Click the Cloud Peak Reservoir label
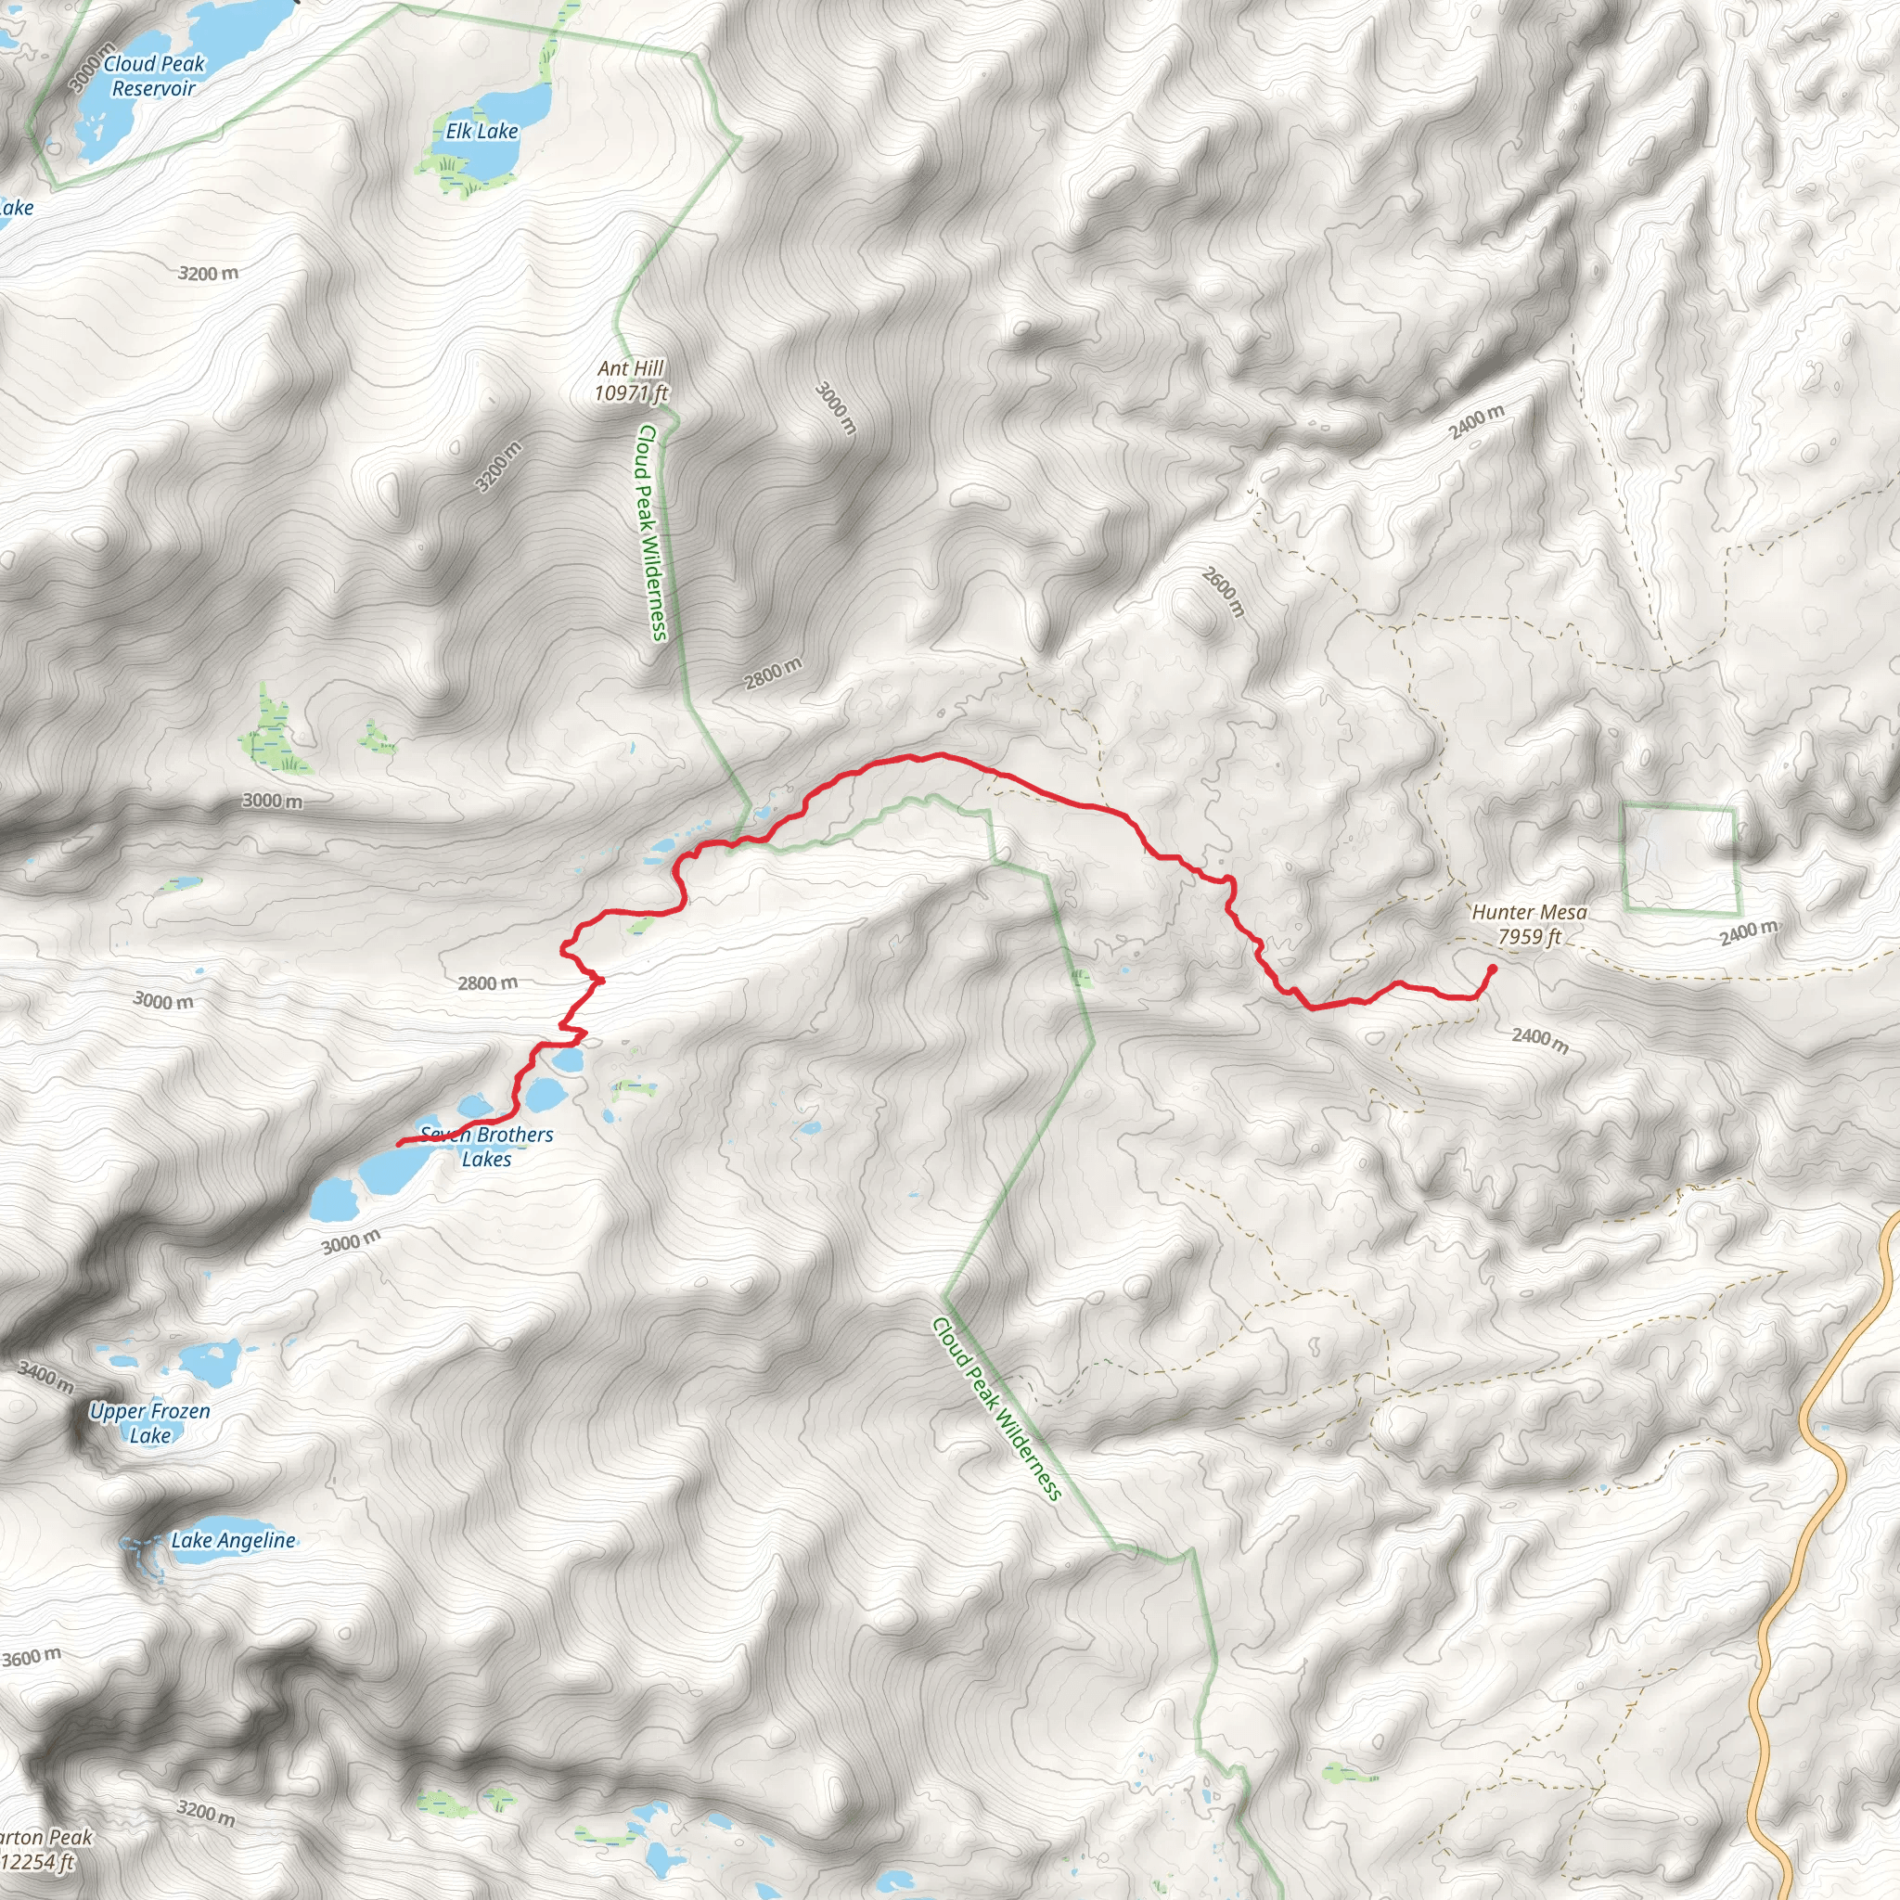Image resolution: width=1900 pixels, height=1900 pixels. [154, 76]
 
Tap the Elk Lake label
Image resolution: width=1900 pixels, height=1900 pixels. [481, 131]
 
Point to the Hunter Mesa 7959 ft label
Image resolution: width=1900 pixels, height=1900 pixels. [1528, 924]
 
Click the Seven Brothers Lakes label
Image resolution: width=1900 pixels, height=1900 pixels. [487, 1147]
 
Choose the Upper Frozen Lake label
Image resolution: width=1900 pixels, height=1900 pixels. [149, 1423]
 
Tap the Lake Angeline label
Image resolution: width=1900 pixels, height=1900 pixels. [233, 1541]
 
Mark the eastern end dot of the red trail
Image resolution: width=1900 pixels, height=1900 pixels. [1492, 969]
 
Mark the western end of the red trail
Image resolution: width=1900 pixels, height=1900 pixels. [399, 1144]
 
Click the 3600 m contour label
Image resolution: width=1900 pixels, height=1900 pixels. [32, 1658]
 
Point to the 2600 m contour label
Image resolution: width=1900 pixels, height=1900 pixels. [1224, 592]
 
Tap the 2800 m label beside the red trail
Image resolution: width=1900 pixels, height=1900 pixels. [488, 982]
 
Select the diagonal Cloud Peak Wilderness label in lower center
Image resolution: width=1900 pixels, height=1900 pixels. [997, 1408]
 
